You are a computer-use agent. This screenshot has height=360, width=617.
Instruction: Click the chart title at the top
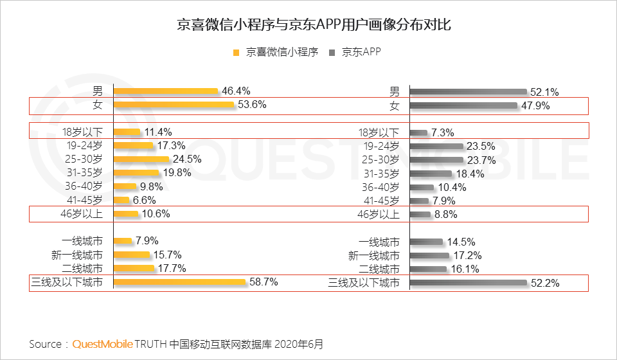[x=308, y=26]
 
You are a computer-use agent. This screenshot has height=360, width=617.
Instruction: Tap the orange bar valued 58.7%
[x=179, y=282]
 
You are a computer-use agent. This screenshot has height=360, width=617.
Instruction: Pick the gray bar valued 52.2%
[x=469, y=283]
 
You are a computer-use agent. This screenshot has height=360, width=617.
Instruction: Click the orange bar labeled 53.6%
[x=174, y=104]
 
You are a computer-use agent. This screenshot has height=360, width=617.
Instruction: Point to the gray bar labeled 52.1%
[x=469, y=92]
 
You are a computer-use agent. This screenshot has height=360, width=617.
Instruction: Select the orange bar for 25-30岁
[x=141, y=159]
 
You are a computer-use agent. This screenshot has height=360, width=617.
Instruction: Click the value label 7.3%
[x=443, y=133]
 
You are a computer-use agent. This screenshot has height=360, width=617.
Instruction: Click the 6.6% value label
[x=144, y=200]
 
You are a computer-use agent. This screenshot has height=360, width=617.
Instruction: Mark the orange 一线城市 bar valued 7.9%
[x=123, y=242]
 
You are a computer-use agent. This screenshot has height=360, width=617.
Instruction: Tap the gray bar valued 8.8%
[x=420, y=215]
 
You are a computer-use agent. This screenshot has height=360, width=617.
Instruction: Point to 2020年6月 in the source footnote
[x=301, y=344]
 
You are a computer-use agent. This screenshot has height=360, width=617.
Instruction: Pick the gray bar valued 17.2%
[x=429, y=256]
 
